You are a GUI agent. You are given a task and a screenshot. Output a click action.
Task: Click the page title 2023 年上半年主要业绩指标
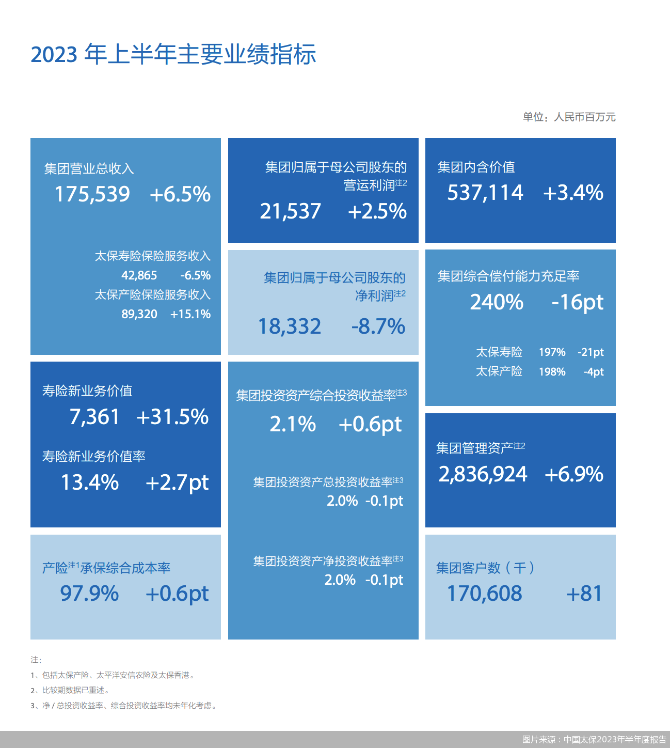point(173,54)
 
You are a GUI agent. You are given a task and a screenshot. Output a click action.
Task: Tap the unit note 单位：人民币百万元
point(569,117)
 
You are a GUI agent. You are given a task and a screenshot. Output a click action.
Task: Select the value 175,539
point(92,194)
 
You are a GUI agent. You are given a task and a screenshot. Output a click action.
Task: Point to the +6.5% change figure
point(180,194)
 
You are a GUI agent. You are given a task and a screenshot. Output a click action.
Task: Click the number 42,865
point(139,275)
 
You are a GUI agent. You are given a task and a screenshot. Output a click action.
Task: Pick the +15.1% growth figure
point(190,314)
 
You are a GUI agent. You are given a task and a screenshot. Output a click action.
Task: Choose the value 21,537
point(290,211)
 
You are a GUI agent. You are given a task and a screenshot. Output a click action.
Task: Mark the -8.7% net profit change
point(378,326)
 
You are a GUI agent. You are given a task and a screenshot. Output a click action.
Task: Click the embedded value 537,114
point(485,193)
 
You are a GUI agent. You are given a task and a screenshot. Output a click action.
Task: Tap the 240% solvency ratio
point(497,302)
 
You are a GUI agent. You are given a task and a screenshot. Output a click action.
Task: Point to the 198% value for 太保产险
point(552,372)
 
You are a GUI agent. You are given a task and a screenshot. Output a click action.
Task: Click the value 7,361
point(94,417)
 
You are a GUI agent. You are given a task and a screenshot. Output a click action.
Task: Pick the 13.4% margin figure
point(90,482)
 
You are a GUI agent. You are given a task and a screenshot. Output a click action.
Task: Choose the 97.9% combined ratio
point(89,594)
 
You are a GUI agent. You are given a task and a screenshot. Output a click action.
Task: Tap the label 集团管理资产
point(474,448)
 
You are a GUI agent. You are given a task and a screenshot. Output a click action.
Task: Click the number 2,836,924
point(483,474)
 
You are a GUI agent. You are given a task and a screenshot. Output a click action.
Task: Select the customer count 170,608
point(484,594)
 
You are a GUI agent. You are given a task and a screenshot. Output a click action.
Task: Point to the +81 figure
point(584,594)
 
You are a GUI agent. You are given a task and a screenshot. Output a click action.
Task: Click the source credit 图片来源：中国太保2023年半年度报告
point(594,740)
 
